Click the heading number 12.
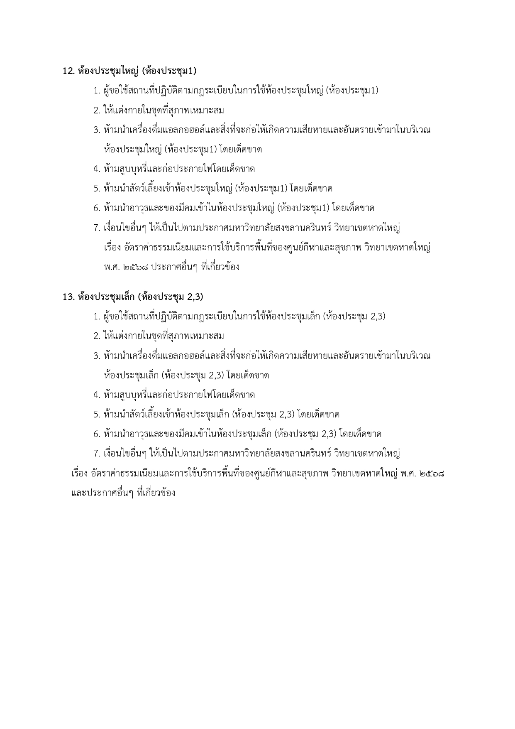tap(68, 71)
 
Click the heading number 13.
tap(68, 297)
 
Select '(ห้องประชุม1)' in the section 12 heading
tap(169, 71)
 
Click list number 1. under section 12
tap(97, 91)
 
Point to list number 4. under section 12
tap(97, 169)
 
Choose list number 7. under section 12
tap(97, 228)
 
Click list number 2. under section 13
tap(97, 336)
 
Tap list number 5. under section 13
tap(97, 415)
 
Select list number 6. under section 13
tap(97, 434)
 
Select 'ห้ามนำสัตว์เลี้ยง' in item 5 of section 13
tap(133, 415)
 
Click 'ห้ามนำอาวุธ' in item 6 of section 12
tap(124, 208)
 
